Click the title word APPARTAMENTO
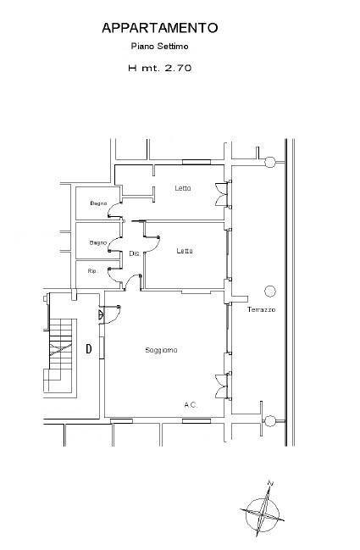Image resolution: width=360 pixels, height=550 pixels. (160, 28)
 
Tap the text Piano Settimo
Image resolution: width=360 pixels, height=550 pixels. (160, 46)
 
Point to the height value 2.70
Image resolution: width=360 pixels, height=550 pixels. (178, 68)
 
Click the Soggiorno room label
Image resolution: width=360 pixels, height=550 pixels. (161, 350)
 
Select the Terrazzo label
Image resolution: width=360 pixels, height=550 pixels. (261, 309)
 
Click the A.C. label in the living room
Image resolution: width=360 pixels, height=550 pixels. (191, 405)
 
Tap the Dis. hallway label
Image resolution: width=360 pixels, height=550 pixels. (135, 253)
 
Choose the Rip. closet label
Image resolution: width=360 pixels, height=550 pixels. (92, 271)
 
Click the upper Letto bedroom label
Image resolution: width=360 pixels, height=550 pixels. (183, 188)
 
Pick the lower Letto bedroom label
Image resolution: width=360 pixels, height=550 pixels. (185, 251)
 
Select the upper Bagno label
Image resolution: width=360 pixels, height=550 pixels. (98, 203)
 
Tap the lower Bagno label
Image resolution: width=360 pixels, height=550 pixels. (97, 242)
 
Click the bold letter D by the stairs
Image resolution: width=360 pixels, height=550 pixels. (89, 348)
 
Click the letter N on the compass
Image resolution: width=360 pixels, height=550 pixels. (270, 483)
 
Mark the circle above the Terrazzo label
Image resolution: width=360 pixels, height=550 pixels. (270, 291)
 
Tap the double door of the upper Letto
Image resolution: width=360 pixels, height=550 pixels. (222, 194)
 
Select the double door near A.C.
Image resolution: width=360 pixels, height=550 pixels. (222, 386)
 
